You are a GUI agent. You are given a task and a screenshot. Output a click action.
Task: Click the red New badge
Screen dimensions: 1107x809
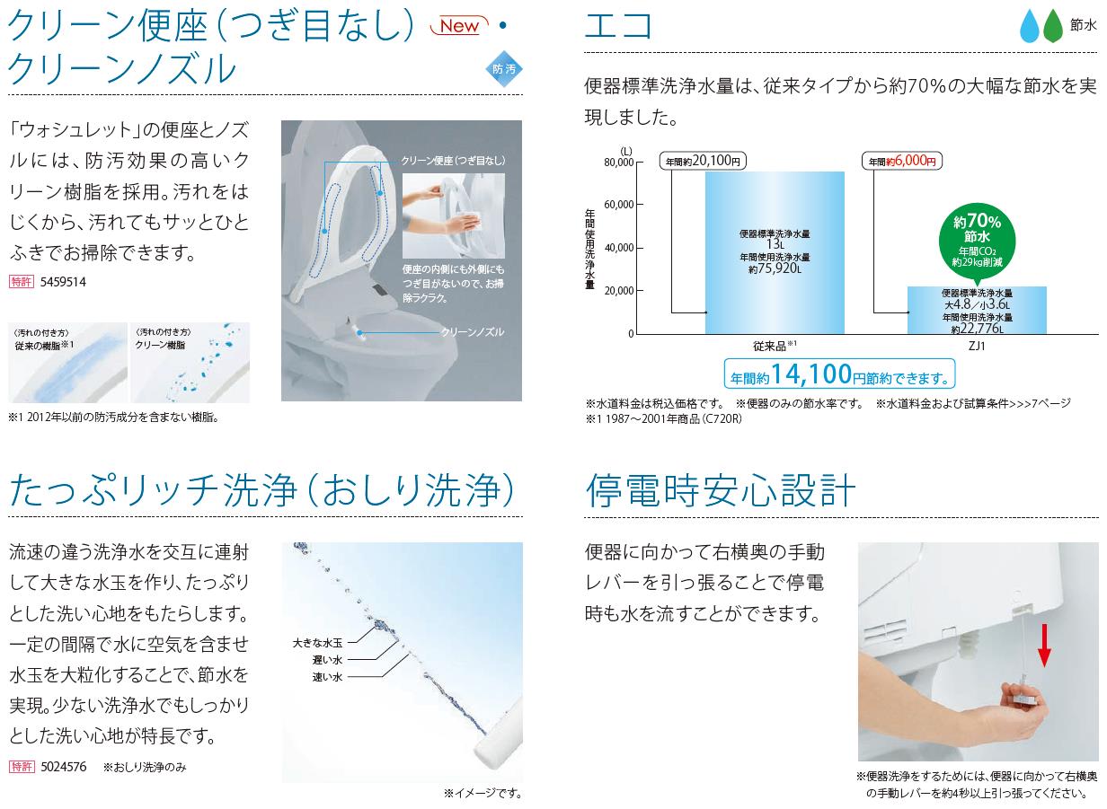coord(459,25)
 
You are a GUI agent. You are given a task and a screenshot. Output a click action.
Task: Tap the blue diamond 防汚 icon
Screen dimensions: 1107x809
coord(503,68)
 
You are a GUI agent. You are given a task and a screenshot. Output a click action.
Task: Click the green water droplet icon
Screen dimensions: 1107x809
coord(1053,26)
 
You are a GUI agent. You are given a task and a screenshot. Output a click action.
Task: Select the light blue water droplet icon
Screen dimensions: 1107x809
coord(1030,26)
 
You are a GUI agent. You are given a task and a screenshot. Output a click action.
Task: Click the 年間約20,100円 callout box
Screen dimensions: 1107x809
coord(703,161)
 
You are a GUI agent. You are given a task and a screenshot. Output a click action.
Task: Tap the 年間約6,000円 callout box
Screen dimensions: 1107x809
coord(902,161)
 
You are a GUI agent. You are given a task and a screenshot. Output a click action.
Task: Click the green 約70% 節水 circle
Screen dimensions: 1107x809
coord(977,242)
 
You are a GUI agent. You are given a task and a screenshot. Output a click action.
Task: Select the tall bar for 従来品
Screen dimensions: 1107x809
coord(775,252)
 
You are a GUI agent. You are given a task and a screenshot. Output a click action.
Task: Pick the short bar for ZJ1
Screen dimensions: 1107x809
coord(977,310)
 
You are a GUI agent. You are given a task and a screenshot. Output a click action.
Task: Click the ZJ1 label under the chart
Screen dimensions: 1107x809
coord(977,346)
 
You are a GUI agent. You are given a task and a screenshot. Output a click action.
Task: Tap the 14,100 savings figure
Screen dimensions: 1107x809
coord(810,374)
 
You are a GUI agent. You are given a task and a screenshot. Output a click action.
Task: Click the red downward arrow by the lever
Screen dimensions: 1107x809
coord(1044,645)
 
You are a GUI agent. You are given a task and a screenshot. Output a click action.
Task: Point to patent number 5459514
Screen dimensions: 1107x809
coord(63,282)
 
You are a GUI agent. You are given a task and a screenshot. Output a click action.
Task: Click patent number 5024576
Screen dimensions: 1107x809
coord(63,767)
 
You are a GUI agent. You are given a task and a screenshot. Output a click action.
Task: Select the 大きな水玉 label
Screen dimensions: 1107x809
coord(317,643)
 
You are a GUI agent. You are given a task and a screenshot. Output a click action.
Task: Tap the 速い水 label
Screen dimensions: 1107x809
coord(327,677)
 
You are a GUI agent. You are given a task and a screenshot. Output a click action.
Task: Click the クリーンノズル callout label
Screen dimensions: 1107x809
coord(473,332)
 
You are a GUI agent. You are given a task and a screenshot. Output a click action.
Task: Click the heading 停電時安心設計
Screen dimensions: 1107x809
coord(720,490)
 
